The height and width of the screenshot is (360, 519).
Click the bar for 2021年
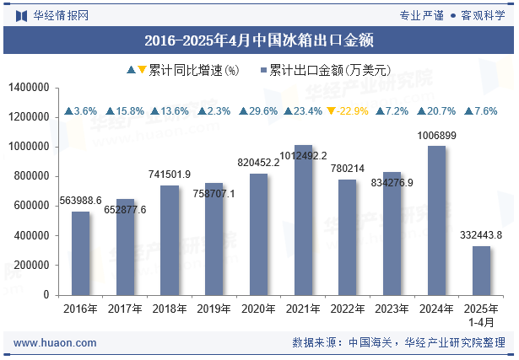click(x=303, y=220)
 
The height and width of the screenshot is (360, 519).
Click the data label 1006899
click(x=436, y=136)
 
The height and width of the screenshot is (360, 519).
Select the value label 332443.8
click(x=481, y=234)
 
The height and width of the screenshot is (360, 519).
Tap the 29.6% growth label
click(x=258, y=111)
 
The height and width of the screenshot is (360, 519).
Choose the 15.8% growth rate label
click(x=125, y=111)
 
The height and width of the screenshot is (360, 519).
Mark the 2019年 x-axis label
click(x=214, y=309)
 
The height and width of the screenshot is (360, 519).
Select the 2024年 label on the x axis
click(x=436, y=309)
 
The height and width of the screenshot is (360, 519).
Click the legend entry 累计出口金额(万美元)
click(x=325, y=71)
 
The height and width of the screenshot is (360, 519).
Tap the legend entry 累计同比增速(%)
click(x=183, y=71)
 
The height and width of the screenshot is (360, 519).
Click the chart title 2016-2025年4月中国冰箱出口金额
click(x=259, y=40)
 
